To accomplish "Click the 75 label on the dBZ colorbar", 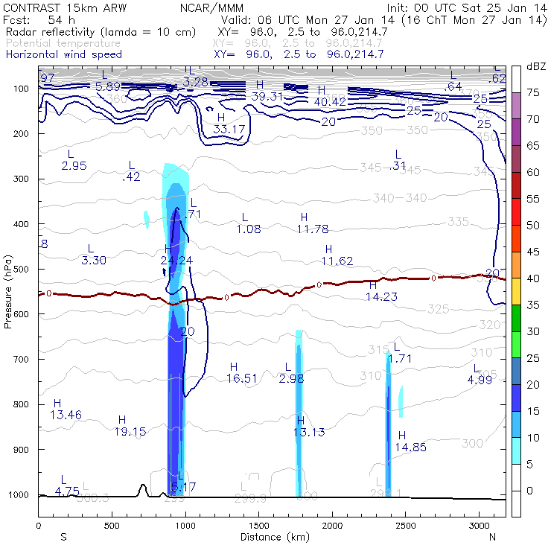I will click(x=533, y=92).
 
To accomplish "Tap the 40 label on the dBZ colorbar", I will click(x=533, y=278).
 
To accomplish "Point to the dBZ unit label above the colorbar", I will click(x=535, y=67).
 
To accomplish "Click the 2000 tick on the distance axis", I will click(x=331, y=526).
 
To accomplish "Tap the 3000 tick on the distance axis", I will click(x=479, y=526).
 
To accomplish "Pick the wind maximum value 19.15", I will click(x=130, y=431).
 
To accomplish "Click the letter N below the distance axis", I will click(x=492, y=536).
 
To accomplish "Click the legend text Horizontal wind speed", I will click(x=63, y=54).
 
